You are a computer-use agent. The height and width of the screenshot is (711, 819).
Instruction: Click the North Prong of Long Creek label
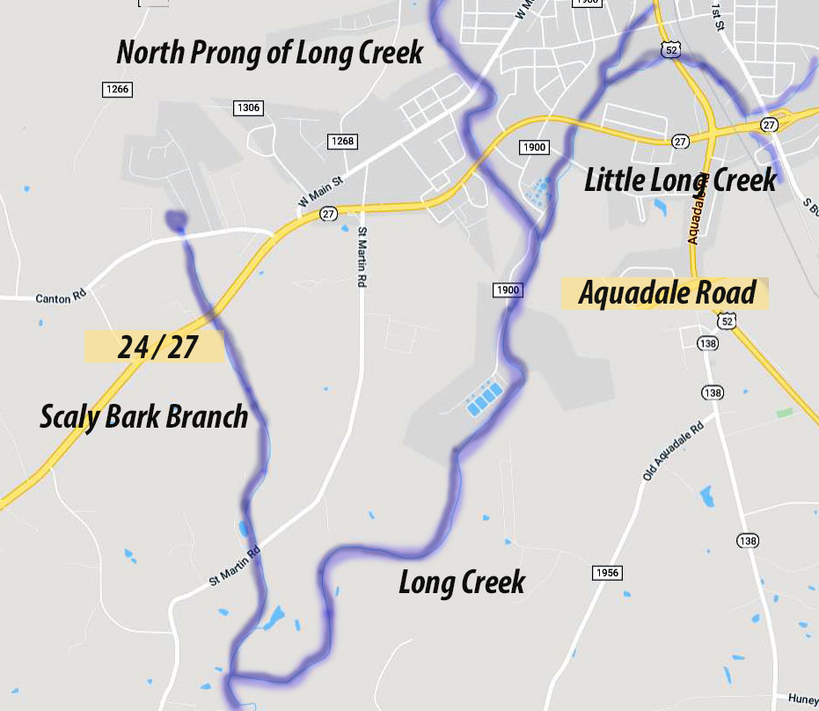(x=270, y=53)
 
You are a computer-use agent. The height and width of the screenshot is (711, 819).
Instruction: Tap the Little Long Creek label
(x=681, y=180)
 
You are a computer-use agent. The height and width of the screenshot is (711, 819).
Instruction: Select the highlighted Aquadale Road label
(x=666, y=293)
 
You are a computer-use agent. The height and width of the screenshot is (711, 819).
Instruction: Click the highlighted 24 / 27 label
(x=155, y=347)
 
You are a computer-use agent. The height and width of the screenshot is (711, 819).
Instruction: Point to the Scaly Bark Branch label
(x=144, y=416)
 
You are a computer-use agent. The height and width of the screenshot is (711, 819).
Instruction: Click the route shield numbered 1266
(x=116, y=89)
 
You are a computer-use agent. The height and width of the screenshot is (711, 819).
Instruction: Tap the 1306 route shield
(x=248, y=107)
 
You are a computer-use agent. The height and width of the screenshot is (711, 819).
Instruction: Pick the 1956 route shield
(x=607, y=573)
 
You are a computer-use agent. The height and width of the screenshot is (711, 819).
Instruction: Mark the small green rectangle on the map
(x=784, y=412)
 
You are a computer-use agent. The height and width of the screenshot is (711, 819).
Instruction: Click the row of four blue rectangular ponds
(x=485, y=399)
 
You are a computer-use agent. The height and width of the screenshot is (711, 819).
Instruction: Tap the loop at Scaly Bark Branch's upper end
(x=176, y=219)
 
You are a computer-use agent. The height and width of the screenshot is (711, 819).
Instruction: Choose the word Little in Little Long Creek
(x=617, y=180)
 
